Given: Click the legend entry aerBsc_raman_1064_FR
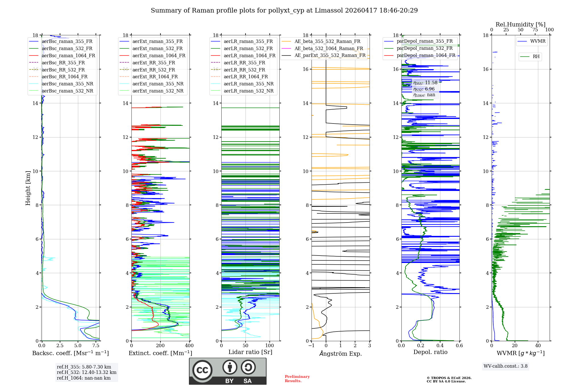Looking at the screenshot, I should (x=68, y=55).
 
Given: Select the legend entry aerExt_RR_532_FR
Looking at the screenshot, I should (x=154, y=70).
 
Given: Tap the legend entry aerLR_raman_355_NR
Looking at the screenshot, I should (x=248, y=84).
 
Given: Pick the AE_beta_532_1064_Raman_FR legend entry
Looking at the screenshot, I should (x=329, y=48).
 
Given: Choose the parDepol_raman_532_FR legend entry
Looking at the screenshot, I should (x=424, y=48).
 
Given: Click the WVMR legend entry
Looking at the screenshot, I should (x=538, y=41).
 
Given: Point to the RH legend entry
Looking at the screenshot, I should (x=536, y=57).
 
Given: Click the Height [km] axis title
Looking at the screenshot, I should (x=28, y=188).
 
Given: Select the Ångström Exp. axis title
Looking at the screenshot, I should (x=341, y=354).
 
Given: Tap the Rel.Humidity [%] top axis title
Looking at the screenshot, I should (x=520, y=24).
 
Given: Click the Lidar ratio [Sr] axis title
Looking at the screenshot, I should (x=250, y=352).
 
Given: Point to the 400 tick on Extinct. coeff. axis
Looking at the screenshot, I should (x=189, y=346).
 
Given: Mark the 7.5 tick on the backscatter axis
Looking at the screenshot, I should (x=96, y=346).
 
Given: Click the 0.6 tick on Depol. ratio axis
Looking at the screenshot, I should (x=459, y=346).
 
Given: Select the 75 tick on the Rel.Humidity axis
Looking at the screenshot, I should (x=535, y=30).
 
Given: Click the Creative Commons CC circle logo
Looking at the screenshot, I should (x=202, y=370).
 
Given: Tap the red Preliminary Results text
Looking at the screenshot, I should (x=297, y=379).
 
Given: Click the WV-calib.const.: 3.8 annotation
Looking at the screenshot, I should (x=506, y=366).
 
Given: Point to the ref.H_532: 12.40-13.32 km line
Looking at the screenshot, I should (x=86, y=372).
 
